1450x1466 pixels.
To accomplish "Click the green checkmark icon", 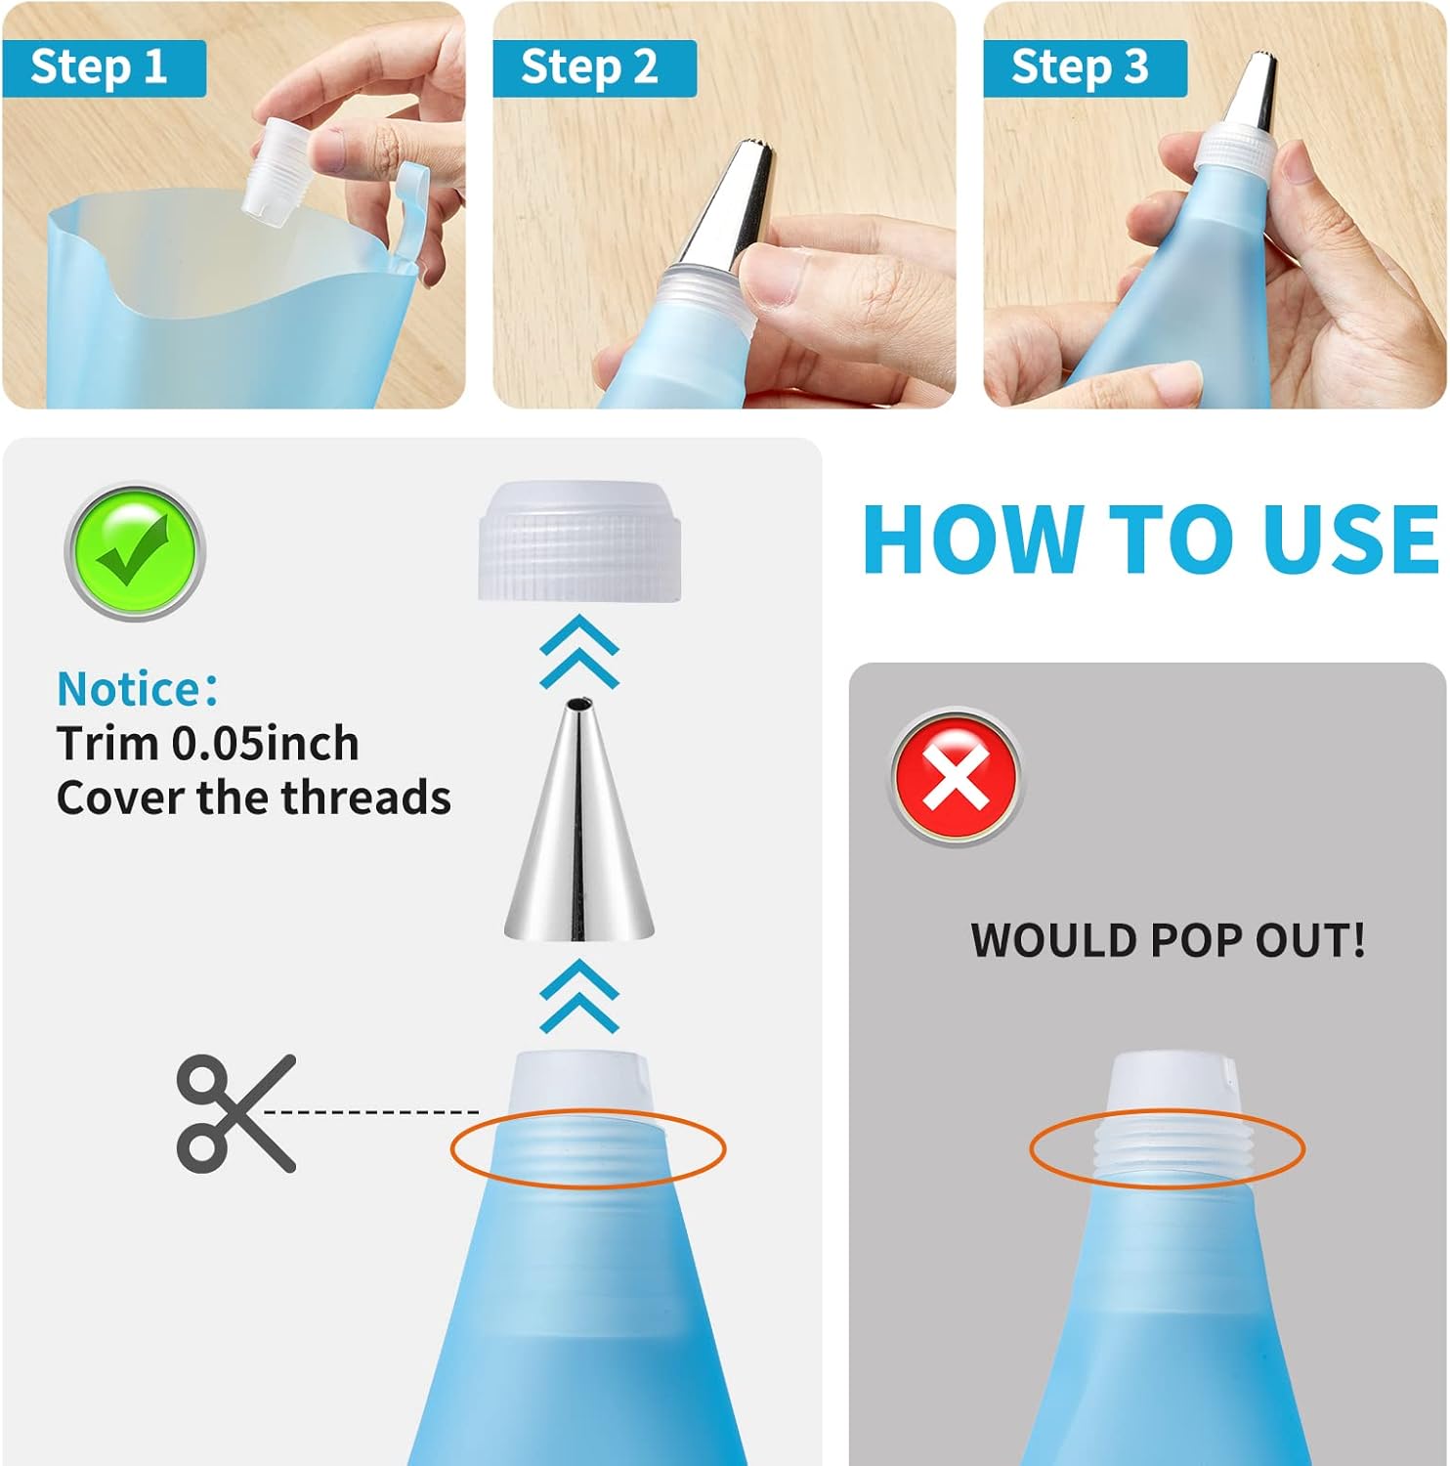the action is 135,552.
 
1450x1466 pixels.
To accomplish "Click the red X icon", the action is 956,777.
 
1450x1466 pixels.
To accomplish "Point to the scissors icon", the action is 235,1113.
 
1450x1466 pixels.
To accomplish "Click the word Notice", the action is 130,689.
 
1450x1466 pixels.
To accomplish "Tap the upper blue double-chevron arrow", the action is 579,652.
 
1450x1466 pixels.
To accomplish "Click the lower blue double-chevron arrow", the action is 579,996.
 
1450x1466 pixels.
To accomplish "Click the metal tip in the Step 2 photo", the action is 728,207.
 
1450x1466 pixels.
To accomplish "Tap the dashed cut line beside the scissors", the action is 372,1111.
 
